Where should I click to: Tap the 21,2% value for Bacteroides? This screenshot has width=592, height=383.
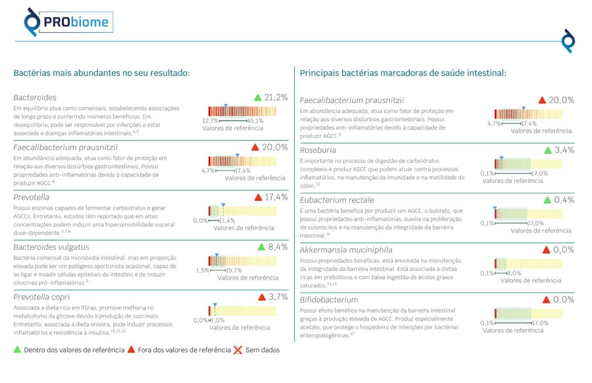coord(276,98)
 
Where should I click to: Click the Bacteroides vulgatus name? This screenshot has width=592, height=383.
coord(51,248)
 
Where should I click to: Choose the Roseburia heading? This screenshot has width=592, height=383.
coord(318,150)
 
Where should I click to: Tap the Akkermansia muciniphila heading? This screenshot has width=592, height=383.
coord(346,250)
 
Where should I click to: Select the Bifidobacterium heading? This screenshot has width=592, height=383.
coord(329,300)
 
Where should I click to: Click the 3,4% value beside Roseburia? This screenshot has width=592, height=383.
coord(564,150)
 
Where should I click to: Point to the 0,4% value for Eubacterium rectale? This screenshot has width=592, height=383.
coord(564,200)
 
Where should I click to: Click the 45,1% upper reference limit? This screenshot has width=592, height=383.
coord(255,121)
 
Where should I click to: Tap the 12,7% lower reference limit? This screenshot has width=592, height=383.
coord(210,121)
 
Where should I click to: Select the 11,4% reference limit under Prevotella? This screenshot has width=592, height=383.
coord(227,220)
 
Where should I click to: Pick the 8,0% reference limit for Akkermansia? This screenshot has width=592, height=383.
coord(514,273)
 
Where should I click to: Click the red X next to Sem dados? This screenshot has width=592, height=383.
coord(238,350)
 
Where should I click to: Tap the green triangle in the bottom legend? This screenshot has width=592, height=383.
coord(18,350)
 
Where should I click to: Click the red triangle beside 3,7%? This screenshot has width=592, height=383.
coord(262,298)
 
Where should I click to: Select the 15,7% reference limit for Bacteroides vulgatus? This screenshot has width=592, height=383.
coord(234,270)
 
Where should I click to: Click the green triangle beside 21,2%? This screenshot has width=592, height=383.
coord(258,98)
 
